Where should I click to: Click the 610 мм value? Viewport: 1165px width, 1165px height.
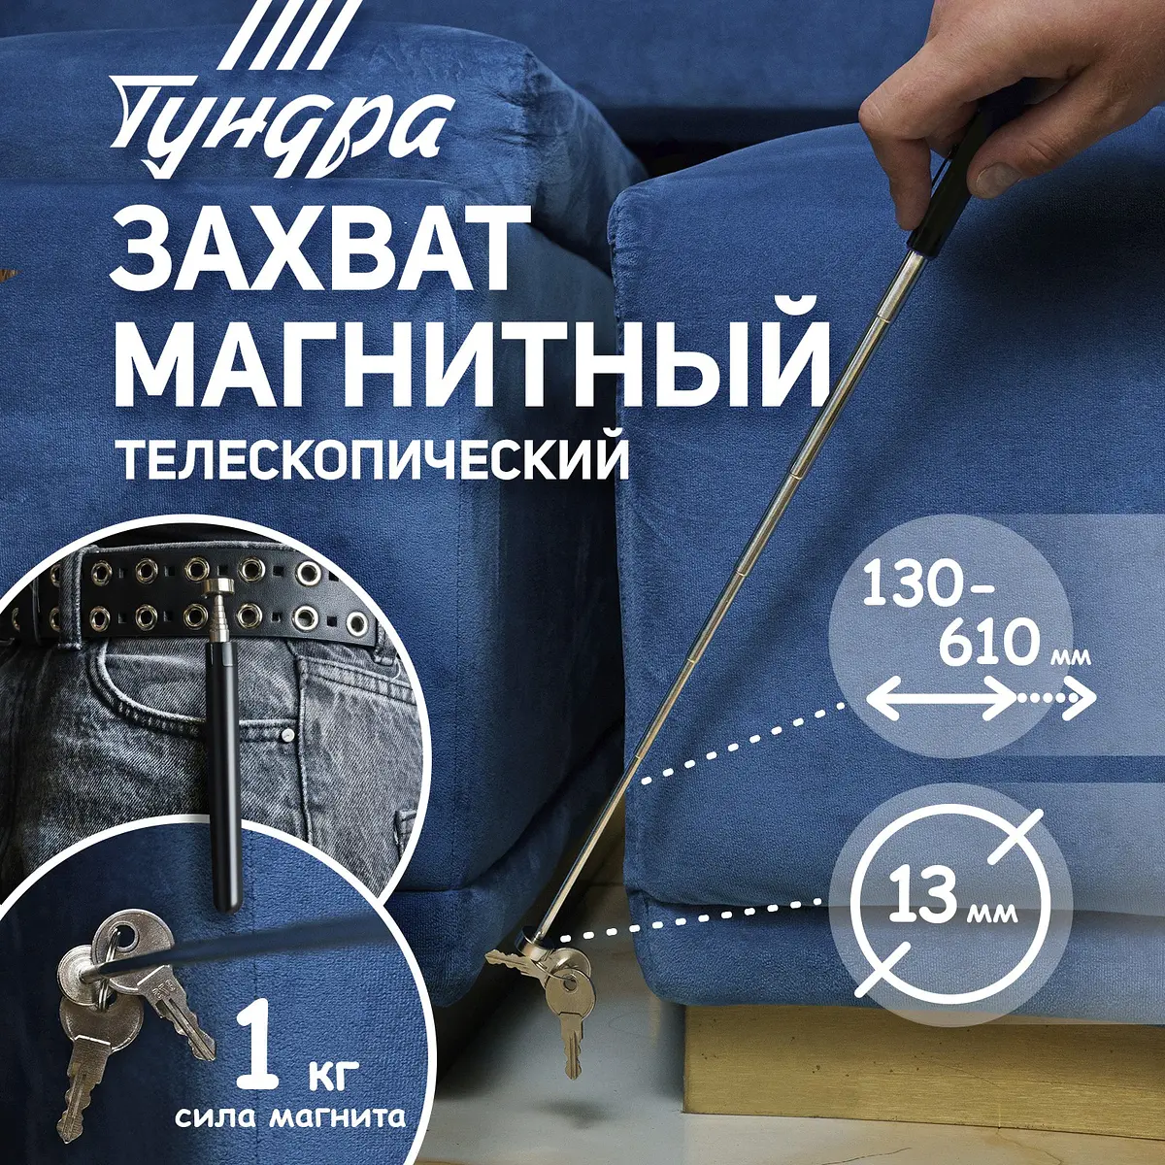tap(1010, 643)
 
